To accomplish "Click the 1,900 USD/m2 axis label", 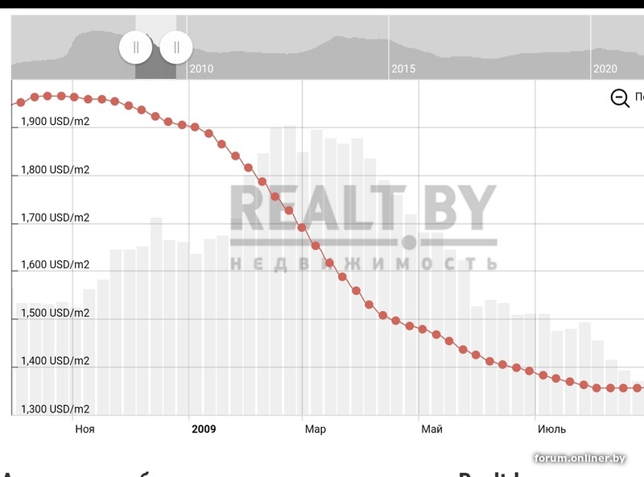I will tap(55, 122).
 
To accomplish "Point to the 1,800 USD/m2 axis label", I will tap(55, 170).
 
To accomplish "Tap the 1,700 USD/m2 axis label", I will tap(55, 218).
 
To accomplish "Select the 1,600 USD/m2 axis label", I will tap(55, 265).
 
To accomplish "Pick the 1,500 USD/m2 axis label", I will tap(55, 313).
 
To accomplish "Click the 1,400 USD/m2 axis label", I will tap(55, 361).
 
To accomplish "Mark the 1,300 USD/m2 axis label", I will tap(55, 409).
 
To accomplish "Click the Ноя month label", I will tap(85, 429).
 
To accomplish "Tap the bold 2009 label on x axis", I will tap(204, 429).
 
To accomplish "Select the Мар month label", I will tap(315, 429).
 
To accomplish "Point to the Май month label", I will tap(431, 429).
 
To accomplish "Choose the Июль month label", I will tap(551, 429).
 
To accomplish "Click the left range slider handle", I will tap(136, 47).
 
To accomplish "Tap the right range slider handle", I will tap(176, 47).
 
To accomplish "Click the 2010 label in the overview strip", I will tap(201, 69).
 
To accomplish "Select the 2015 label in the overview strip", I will tap(403, 69).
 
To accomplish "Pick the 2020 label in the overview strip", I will tap(605, 69).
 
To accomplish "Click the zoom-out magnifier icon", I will tap(620, 98).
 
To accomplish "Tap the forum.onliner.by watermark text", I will tap(580, 458).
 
